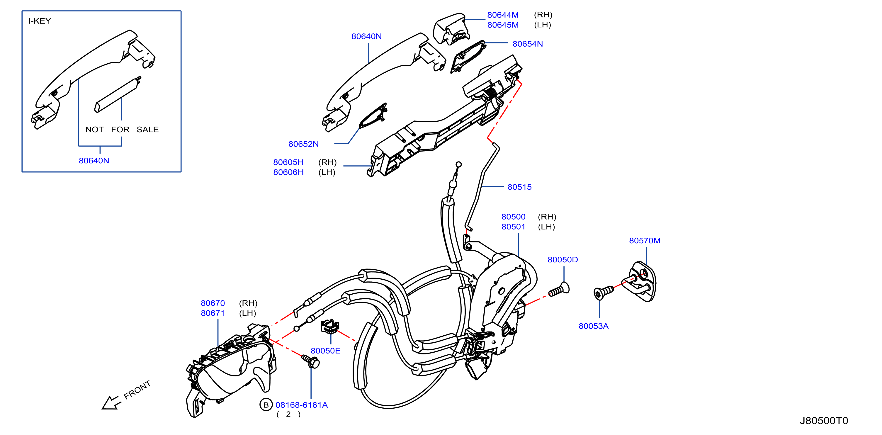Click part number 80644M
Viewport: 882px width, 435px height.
click(x=503, y=15)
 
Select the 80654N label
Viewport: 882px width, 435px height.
click(x=527, y=44)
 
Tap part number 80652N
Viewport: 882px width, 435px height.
click(x=303, y=144)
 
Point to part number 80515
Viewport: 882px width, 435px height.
click(x=519, y=187)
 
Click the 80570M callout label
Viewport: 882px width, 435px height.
click(x=645, y=240)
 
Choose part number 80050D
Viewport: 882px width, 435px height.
click(x=562, y=260)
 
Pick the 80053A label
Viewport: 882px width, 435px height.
click(x=593, y=326)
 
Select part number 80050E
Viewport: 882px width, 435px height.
click(x=325, y=351)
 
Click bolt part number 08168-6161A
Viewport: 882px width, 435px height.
click(x=301, y=405)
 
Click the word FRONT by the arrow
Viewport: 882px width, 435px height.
click(x=137, y=390)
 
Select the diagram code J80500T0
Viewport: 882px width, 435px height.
click(x=823, y=421)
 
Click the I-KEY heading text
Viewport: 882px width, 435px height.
click(x=39, y=21)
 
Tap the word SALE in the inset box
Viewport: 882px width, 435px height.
click(x=147, y=130)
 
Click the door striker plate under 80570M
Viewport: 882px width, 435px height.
click(x=639, y=282)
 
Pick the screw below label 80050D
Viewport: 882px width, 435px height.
click(x=559, y=289)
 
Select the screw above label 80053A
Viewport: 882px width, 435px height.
click(x=604, y=293)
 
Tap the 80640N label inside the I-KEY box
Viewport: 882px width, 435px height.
click(x=94, y=161)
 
